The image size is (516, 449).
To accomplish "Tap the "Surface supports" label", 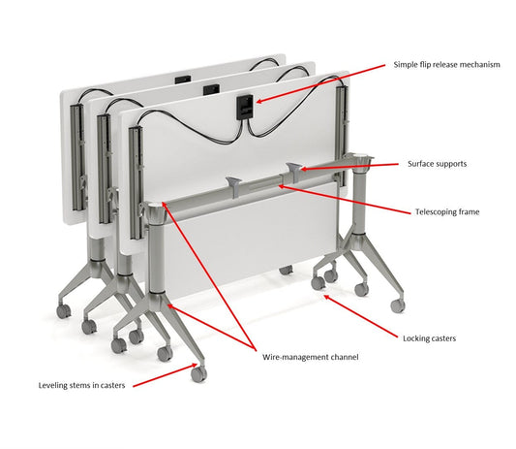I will coord(437,164).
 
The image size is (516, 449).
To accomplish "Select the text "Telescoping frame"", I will coord(446,210).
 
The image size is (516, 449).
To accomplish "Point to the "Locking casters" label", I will coord(429,338).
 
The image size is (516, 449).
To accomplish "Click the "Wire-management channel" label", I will coord(310,357).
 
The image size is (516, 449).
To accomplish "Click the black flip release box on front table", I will coord(246,103).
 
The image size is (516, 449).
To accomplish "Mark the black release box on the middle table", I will coord(212,90).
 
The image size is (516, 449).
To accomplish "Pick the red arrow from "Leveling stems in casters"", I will coord(161,376).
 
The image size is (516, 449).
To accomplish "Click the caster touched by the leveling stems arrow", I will coord(199,371).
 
